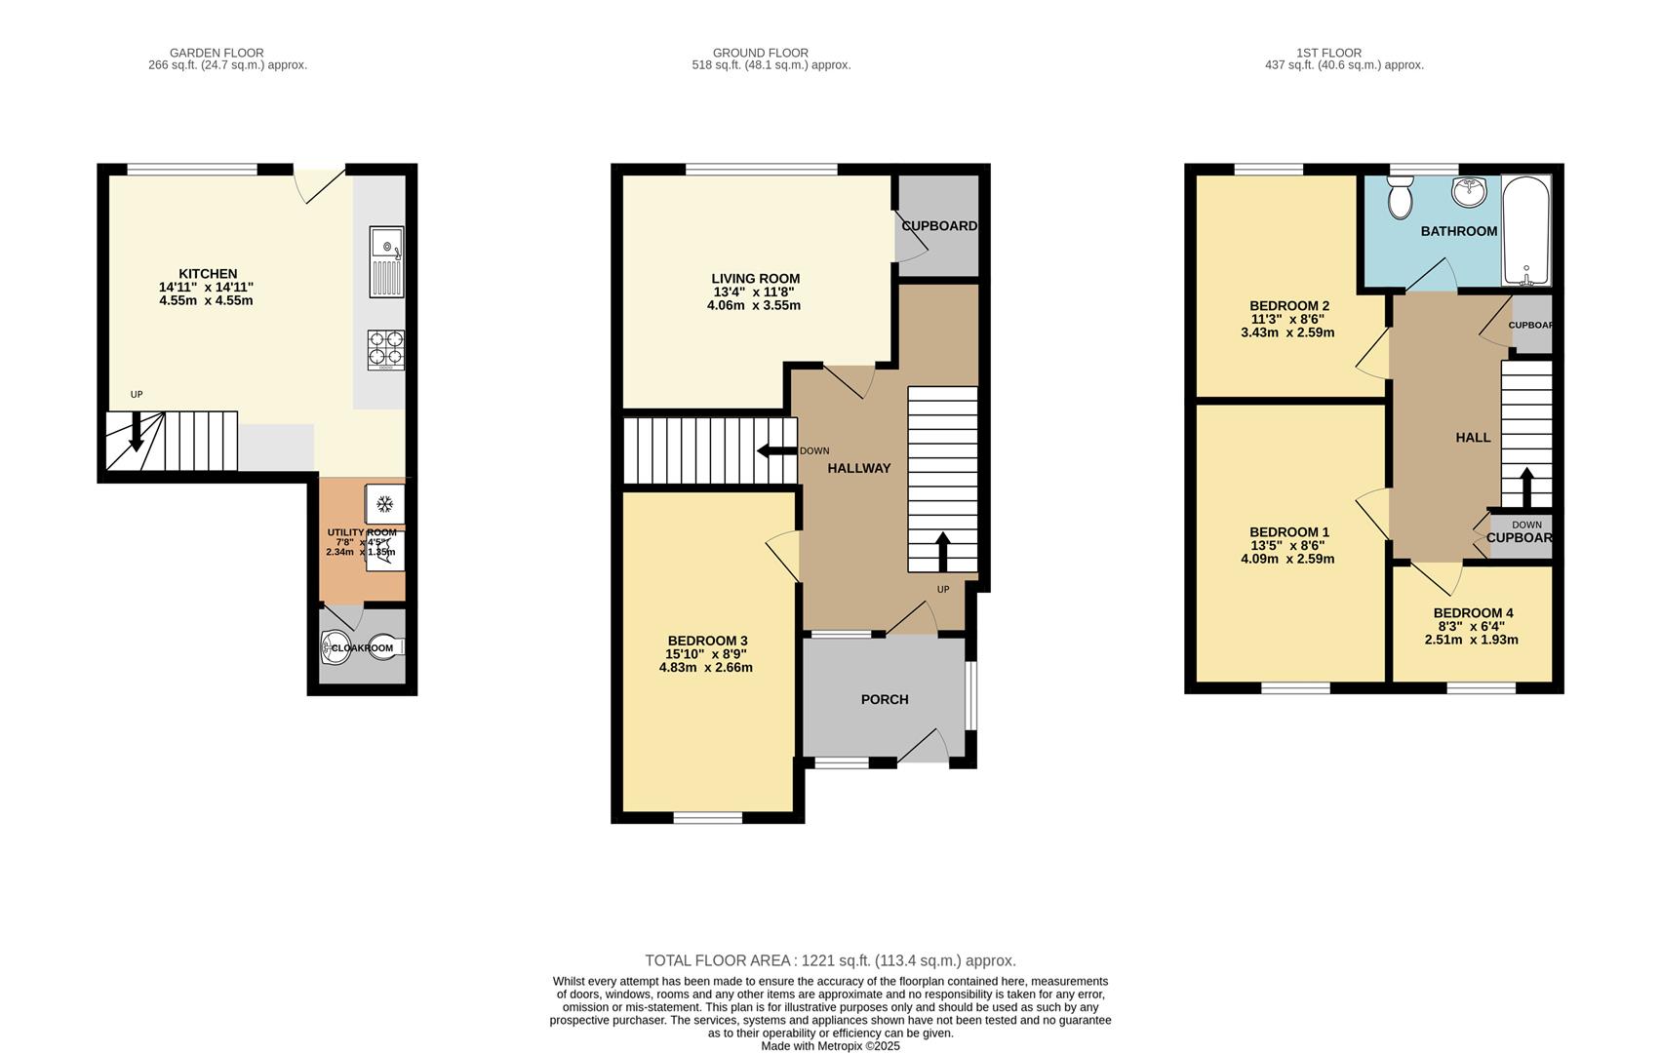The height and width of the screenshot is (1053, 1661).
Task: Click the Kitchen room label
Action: (207, 274)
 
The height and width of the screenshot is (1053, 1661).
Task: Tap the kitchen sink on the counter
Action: (386, 260)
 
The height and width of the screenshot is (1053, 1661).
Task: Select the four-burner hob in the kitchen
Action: (385, 349)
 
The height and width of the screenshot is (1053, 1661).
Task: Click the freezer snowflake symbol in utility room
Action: (384, 503)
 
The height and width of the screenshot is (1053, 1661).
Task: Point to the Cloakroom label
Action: (362, 648)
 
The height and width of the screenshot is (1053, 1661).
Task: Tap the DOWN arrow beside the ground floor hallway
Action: (776, 450)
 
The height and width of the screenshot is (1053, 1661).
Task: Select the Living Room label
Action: (755, 279)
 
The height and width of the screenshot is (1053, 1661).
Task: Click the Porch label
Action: (884, 699)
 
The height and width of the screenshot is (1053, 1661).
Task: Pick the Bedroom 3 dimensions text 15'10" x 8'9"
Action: (705, 654)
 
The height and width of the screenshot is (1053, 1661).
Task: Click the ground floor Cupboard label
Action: (938, 226)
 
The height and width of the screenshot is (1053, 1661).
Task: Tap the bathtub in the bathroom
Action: (1525, 231)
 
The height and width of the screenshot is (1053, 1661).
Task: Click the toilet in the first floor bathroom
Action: (1401, 199)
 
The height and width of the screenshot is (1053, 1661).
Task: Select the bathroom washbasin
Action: (1468, 192)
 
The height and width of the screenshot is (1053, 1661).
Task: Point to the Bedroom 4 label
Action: (1473, 613)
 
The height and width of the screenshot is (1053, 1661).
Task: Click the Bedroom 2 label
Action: (1288, 306)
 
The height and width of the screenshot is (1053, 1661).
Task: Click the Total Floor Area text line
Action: (830, 960)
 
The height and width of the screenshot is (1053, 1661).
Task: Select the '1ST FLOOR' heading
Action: (1328, 53)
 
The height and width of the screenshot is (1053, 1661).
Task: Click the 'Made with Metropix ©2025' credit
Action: (830, 1046)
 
